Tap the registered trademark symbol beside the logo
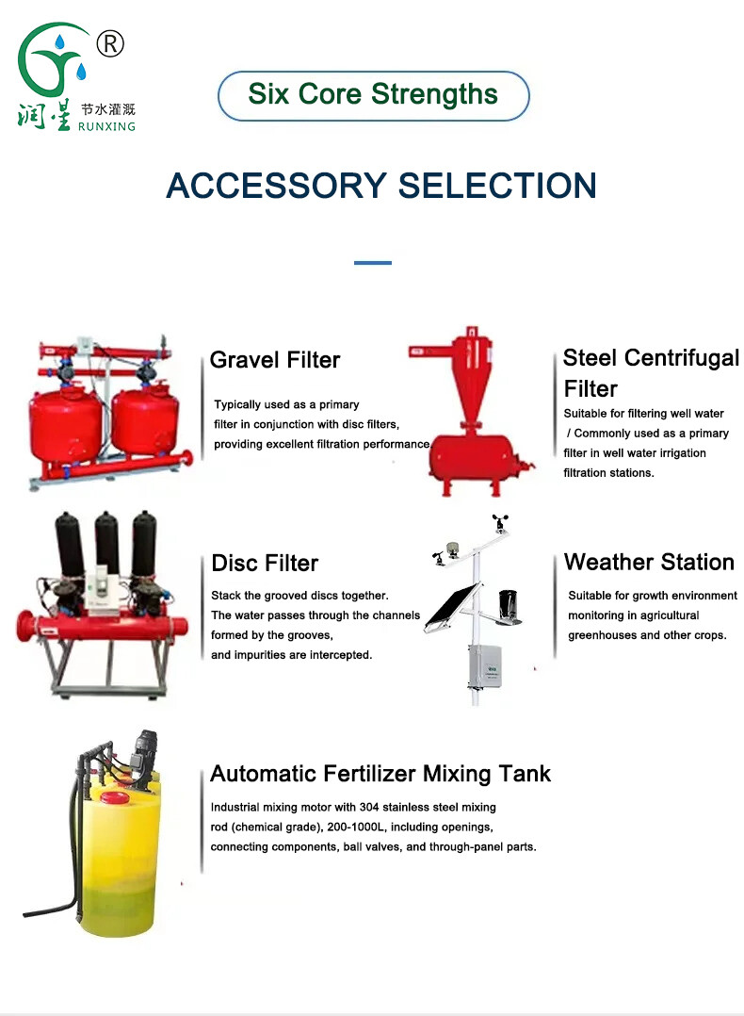[x=111, y=43]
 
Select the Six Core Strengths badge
[x=373, y=95]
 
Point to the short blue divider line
[x=372, y=263]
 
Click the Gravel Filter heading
[x=275, y=360]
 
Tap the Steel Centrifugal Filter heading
[x=651, y=373]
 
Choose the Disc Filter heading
[x=265, y=564]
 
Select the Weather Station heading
[x=649, y=563]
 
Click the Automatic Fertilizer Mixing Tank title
[x=380, y=775]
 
